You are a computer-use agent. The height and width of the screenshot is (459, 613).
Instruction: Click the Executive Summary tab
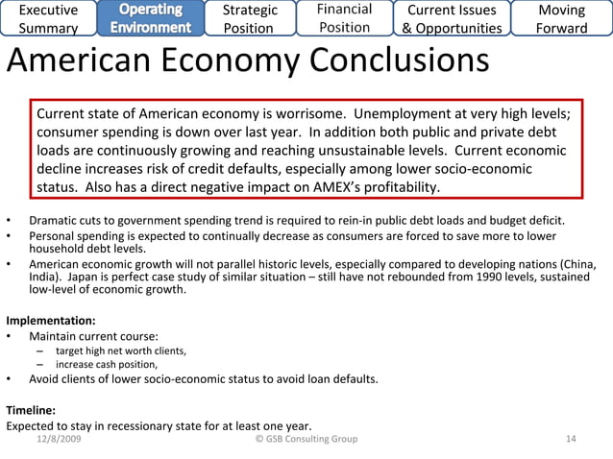coord(50,18)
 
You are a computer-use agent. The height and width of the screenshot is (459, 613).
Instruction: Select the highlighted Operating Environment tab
coord(151,18)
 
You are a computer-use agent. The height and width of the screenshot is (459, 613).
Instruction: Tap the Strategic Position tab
coord(250,18)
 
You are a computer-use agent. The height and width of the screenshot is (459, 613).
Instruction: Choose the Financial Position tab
coord(344,18)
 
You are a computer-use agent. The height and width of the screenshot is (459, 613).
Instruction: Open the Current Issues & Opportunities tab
coord(452,18)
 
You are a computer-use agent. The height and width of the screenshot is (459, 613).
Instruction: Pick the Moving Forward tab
coord(562,18)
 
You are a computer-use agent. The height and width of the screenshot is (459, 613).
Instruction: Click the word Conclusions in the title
coord(383,62)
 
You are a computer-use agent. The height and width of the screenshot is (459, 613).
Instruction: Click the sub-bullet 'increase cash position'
coord(107,364)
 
